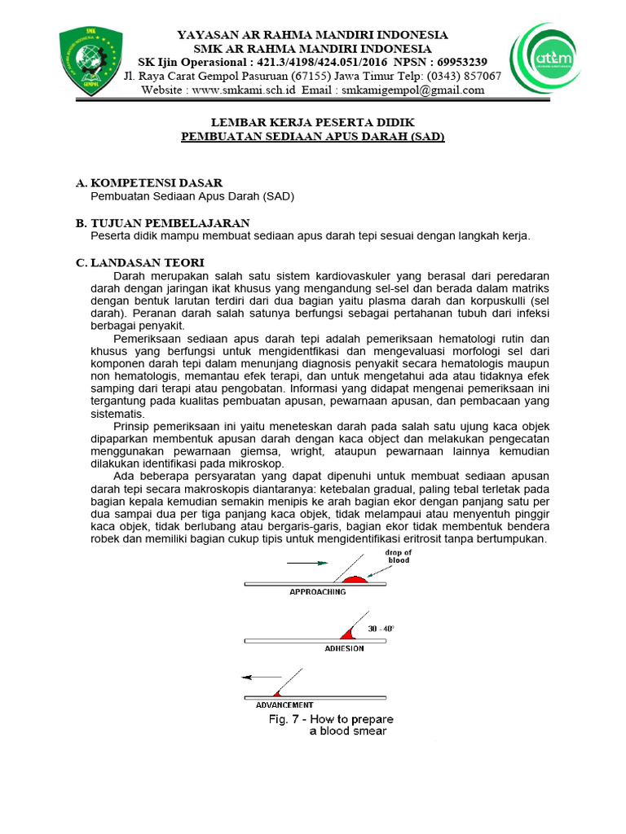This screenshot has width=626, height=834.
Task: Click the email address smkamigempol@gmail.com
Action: [413, 90]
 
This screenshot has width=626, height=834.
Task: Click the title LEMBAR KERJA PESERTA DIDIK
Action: [312, 124]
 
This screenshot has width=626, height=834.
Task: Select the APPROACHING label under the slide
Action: [318, 592]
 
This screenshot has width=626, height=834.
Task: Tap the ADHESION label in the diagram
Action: [344, 648]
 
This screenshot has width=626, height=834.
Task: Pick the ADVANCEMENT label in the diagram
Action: [284, 705]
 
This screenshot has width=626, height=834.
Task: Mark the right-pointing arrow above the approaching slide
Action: [307, 563]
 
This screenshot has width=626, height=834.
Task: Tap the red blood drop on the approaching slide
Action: [355, 579]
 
